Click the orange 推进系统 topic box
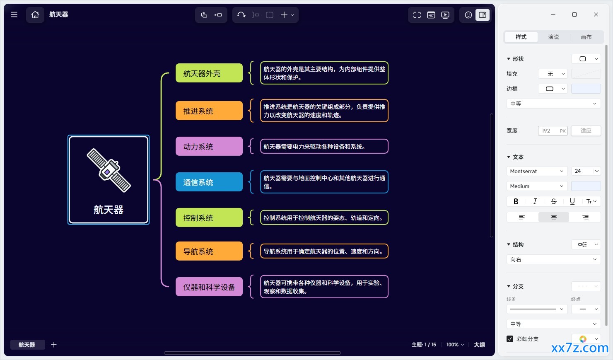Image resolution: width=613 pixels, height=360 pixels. pos(209,111)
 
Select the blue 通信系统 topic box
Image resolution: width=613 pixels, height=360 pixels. pos(209,182)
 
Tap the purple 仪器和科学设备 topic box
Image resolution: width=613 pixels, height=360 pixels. pos(209,287)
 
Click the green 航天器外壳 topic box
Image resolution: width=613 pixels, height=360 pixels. pos(209,73)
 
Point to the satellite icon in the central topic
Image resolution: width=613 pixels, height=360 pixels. pos(109,170)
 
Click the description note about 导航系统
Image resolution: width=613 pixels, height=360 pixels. pos(324,251)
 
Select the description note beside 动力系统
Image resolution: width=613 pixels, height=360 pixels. pos(324,146)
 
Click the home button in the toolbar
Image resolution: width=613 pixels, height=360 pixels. pos(35,14)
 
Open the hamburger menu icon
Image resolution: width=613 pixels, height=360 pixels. pos(14,14)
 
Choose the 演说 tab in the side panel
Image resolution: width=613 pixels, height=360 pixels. pos(553,37)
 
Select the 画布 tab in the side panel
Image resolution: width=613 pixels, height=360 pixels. pos(586,37)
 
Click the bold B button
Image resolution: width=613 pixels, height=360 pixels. pos(516,201)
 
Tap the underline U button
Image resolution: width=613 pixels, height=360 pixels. pos(572,201)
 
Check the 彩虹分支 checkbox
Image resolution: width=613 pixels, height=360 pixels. pos(510,339)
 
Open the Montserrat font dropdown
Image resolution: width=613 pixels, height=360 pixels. pos(537,171)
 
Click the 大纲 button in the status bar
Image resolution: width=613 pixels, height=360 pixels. pos(479,345)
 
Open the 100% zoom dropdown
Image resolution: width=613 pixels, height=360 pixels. pos(455,345)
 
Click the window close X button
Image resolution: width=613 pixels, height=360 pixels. pos(596,14)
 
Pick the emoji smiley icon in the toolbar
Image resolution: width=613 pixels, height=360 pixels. pos(468,15)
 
